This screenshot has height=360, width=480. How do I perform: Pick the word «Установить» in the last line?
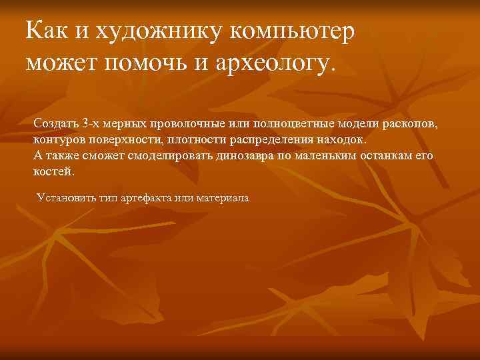coord(66,198)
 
